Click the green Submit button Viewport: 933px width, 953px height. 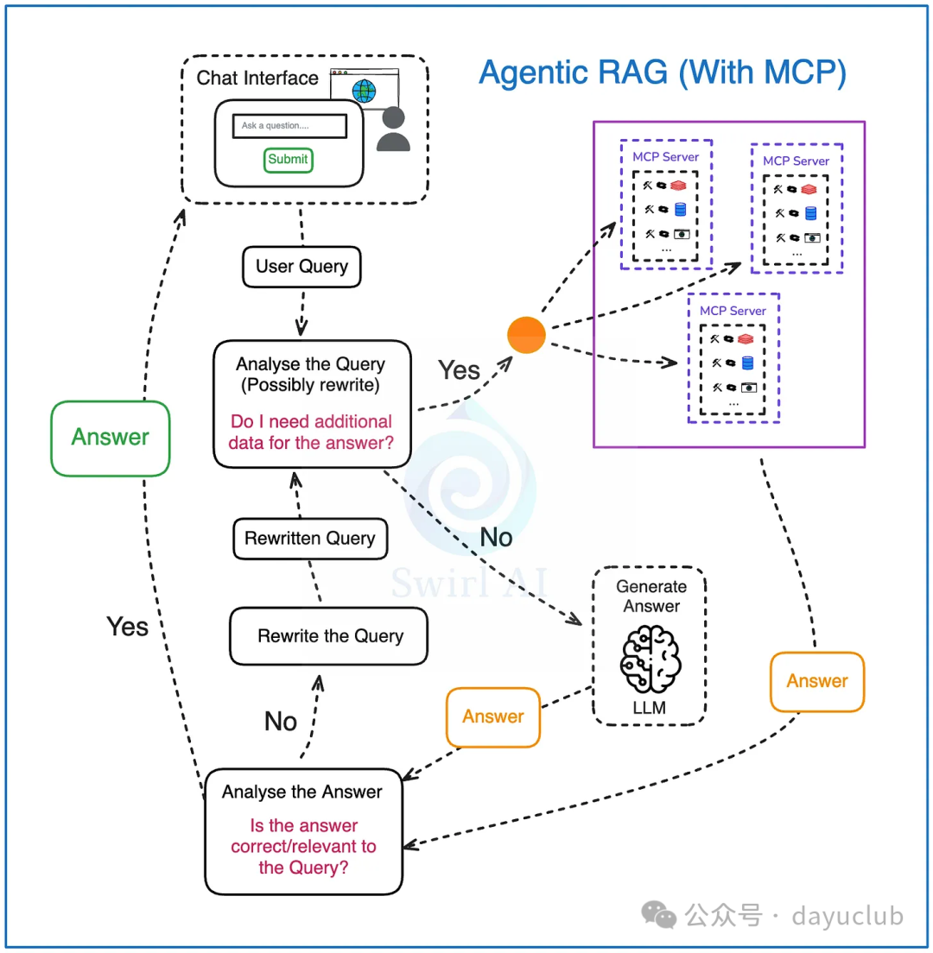[288, 160]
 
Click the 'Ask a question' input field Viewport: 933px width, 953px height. [289, 126]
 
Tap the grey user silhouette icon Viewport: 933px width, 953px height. [394, 129]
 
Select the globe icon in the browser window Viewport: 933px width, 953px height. [364, 90]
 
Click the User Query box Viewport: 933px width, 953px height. [301, 266]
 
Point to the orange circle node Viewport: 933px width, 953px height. [526, 335]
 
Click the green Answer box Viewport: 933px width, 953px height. [109, 437]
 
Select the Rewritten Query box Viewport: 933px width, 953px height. [310, 539]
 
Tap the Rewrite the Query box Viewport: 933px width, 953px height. [329, 636]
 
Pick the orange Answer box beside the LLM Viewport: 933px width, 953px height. [493, 716]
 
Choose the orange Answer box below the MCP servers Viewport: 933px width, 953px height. [817, 681]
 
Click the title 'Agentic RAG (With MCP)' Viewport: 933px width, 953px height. [662, 73]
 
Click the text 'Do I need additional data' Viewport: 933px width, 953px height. [311, 432]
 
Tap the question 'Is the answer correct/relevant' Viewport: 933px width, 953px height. [303, 846]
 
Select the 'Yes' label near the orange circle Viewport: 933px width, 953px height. [459, 370]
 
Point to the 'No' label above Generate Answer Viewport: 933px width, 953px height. [496, 538]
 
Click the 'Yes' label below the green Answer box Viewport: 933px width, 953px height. [127, 626]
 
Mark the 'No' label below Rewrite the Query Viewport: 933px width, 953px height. [281, 722]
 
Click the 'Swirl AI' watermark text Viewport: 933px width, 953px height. [472, 581]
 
